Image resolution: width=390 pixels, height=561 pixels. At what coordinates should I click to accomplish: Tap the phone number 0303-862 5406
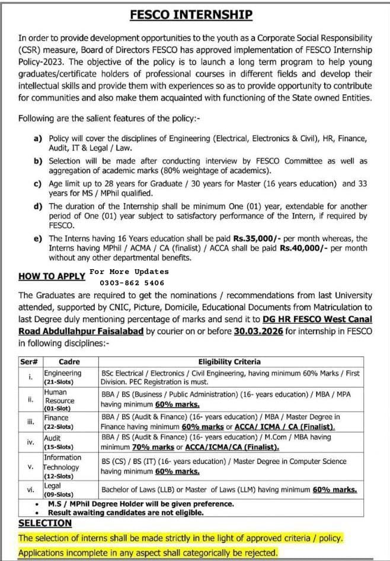click(x=127, y=283)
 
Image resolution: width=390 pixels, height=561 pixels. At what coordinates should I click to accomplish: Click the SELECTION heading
click(x=45, y=523)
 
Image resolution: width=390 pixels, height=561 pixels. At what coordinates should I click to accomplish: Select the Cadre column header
click(x=69, y=362)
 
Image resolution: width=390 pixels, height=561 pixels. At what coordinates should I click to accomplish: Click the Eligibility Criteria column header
click(x=229, y=362)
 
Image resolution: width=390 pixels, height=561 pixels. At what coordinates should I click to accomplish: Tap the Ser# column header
click(x=30, y=362)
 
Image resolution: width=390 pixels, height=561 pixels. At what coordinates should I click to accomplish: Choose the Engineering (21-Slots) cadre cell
click(x=62, y=378)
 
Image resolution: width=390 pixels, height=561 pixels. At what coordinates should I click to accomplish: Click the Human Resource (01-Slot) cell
click(x=59, y=400)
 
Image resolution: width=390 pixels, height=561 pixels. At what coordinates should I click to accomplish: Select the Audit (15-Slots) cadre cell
click(x=59, y=442)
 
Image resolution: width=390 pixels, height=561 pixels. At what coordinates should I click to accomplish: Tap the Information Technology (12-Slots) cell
click(x=62, y=467)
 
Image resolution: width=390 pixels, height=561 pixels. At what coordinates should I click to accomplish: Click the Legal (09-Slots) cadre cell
click(x=59, y=490)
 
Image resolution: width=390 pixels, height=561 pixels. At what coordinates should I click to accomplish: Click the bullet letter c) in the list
click(x=37, y=184)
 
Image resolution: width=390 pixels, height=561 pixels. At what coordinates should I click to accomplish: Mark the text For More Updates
click(x=129, y=272)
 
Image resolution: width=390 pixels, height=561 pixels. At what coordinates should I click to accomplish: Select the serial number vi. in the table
click(x=30, y=490)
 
